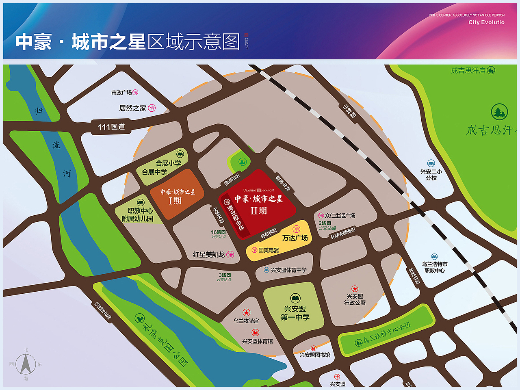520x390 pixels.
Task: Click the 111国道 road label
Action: click(x=111, y=127)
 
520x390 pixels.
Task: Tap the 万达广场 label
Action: click(x=295, y=238)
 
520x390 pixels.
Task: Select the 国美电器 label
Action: click(x=269, y=250)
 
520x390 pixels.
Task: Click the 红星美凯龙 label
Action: click(x=209, y=255)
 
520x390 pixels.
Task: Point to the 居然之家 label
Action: click(x=132, y=108)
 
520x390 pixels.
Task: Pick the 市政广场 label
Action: click(x=121, y=93)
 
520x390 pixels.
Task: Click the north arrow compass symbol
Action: click(x=26, y=364)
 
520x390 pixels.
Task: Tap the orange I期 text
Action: click(x=175, y=201)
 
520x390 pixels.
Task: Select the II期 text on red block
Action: click(x=259, y=210)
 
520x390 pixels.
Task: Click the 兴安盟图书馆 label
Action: click(x=315, y=355)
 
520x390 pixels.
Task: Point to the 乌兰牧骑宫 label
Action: click(x=246, y=321)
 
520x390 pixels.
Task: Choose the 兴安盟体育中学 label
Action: click(x=288, y=270)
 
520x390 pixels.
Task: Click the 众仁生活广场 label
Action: click(x=340, y=216)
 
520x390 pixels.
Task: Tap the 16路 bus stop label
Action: click(x=218, y=232)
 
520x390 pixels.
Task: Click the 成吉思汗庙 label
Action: click(x=468, y=71)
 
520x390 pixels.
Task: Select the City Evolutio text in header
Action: click(x=486, y=22)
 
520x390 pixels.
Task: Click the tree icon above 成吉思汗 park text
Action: click(x=499, y=111)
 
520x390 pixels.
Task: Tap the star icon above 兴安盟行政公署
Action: click(x=355, y=289)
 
